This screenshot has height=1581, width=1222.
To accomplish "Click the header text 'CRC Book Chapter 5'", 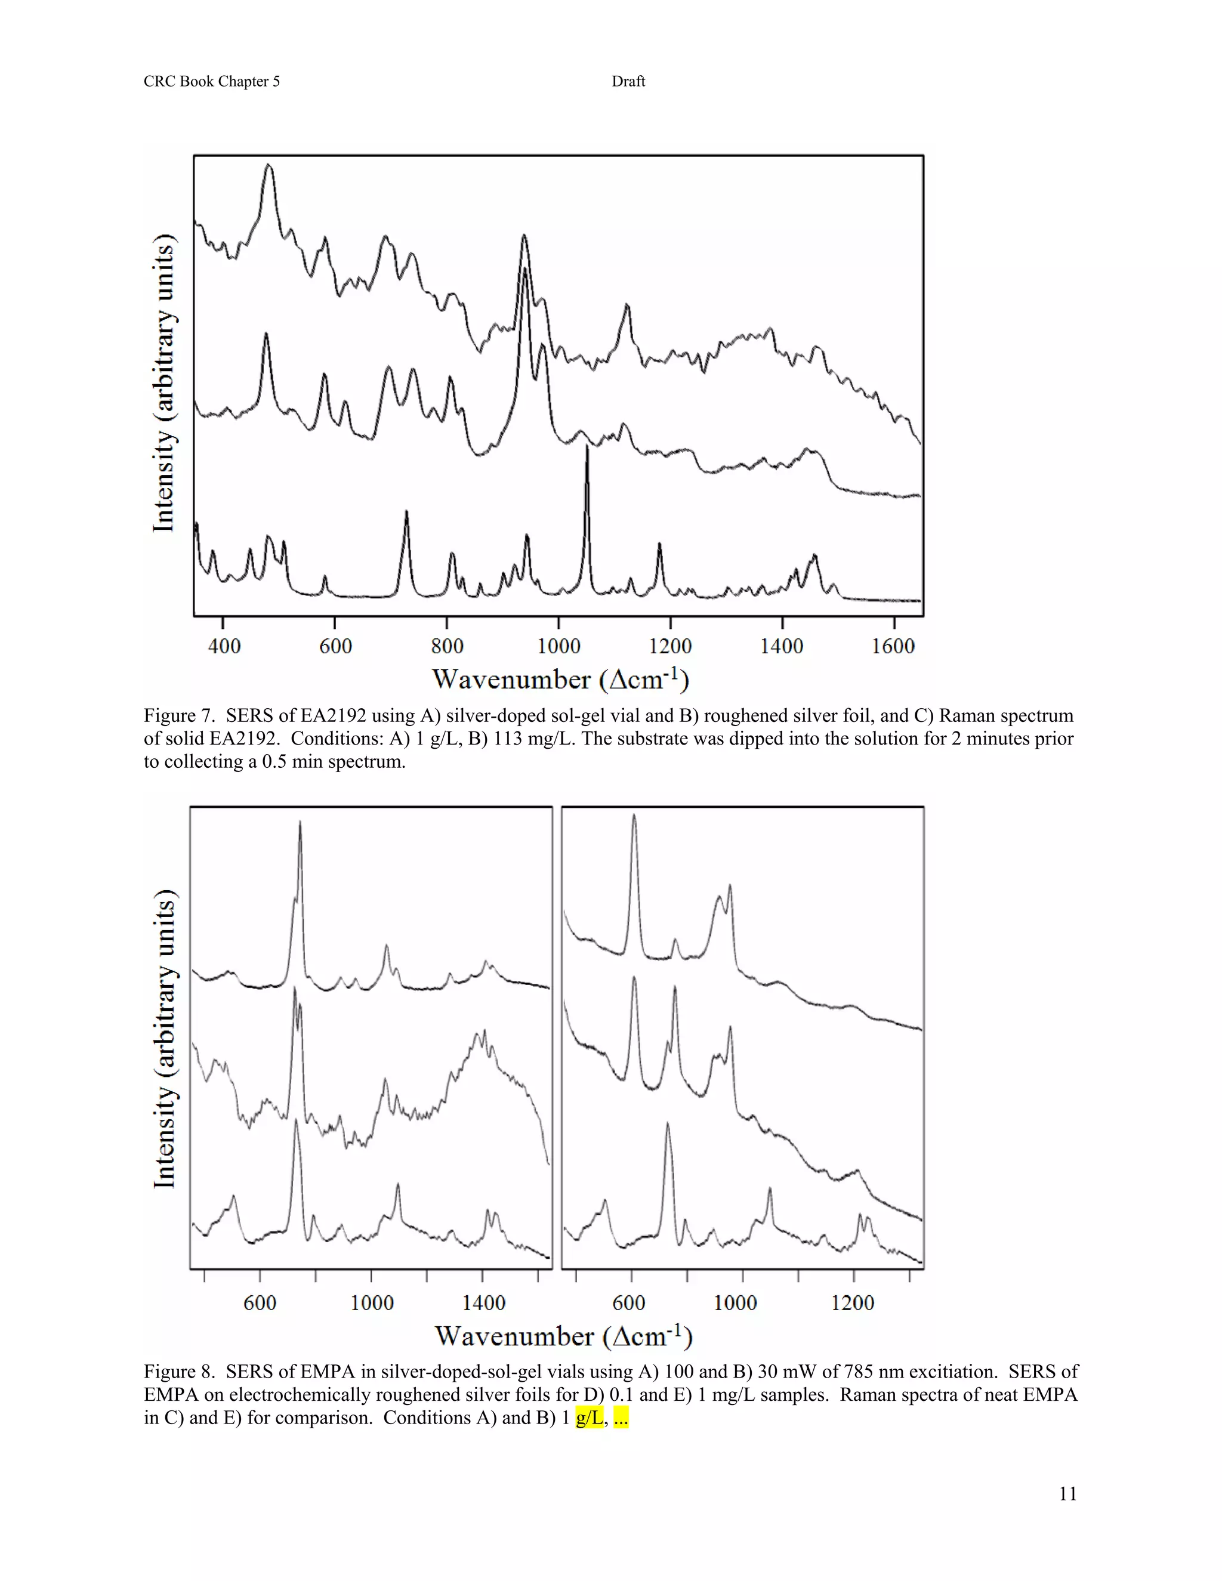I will (211, 82).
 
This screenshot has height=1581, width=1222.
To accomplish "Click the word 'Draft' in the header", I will (628, 82).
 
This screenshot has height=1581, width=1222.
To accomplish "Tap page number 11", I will (1067, 1494).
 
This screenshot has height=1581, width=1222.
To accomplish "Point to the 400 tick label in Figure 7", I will (224, 646).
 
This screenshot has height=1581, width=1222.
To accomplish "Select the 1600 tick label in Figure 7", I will (893, 646).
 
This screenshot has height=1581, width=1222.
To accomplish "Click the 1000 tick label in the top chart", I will (559, 646).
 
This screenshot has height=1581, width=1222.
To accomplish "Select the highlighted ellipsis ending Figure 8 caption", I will (621, 1418).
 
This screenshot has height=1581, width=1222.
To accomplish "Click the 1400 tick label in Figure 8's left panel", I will (483, 1303).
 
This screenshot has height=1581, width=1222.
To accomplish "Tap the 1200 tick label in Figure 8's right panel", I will (852, 1303).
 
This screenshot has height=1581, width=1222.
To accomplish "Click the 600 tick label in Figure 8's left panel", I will (260, 1303).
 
